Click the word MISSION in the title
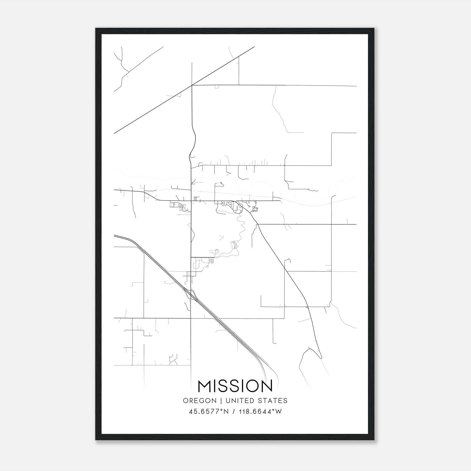(235, 386)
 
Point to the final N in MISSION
(266, 386)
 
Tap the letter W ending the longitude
(278, 412)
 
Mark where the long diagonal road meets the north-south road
(192, 85)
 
